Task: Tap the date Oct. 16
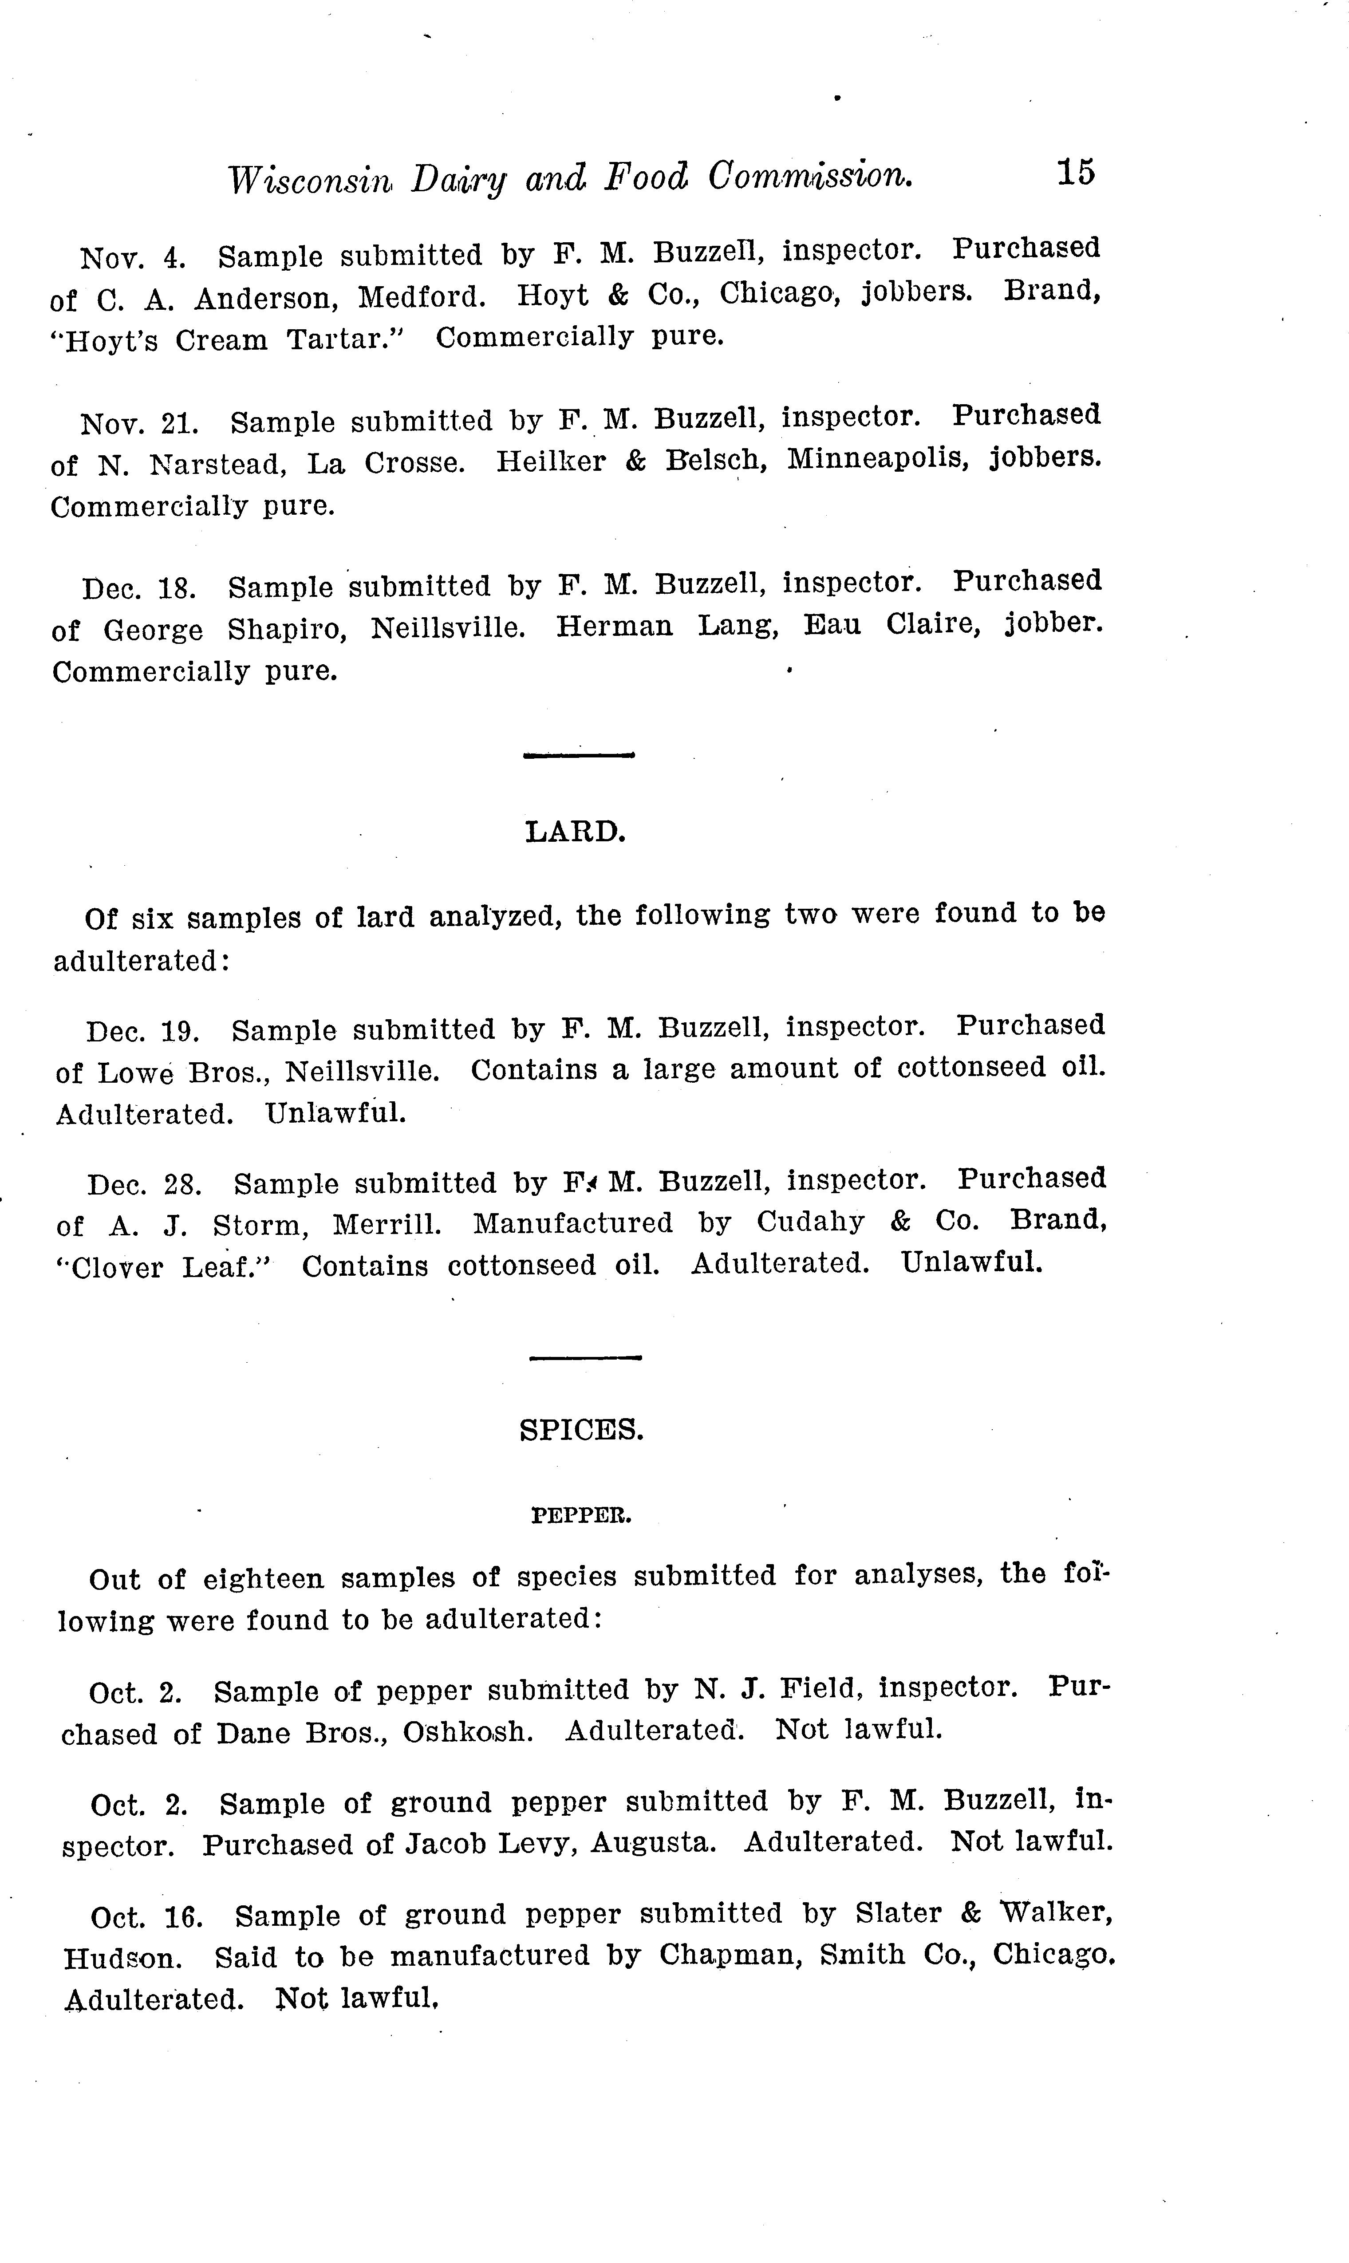(x=146, y=1918)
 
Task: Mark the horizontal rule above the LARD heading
(x=578, y=754)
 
